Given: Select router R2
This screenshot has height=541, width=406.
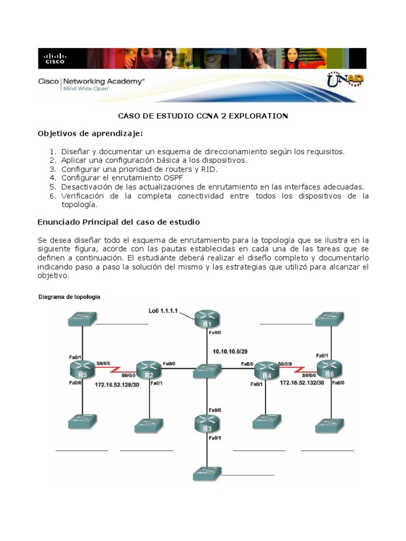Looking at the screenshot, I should coord(149,369).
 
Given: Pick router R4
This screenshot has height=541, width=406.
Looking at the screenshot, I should coord(267,370).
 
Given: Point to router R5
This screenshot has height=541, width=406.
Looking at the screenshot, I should coord(82,369).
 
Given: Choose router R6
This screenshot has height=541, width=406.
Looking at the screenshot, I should coord(330,369).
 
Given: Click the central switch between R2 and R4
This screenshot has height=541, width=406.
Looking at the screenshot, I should coord(207,369).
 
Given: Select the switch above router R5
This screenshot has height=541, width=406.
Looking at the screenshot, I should coord(82,319).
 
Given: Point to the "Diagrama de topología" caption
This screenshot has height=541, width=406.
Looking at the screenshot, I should coord(69,297).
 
